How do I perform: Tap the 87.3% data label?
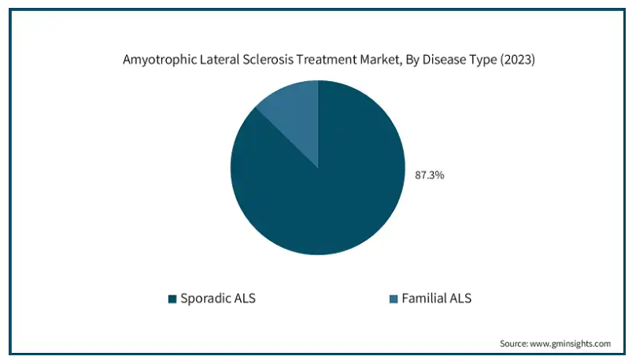pos(429,175)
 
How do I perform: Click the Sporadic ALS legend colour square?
pos(172,299)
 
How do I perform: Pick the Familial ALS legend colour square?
pos(394,299)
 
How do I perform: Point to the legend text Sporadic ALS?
pos(218,299)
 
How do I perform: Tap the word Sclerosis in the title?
pos(268,59)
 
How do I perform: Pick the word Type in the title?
pos(483,60)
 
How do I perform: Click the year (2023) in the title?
pos(518,60)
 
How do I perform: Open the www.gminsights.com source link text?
pos(570,343)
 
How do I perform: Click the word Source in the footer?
pos(513,343)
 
